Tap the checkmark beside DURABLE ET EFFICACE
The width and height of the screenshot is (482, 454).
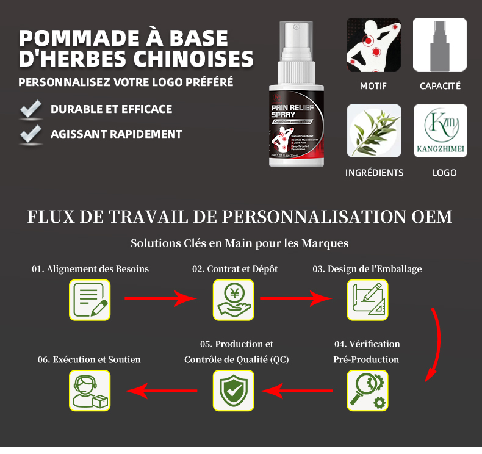point(30,110)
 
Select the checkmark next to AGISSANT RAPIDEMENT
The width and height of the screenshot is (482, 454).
point(30,134)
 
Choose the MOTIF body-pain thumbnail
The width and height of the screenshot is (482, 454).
point(373,45)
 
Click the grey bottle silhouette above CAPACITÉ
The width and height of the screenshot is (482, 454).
point(440,45)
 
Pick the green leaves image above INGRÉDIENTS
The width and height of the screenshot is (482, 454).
point(373,131)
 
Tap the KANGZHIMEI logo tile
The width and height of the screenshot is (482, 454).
point(440,131)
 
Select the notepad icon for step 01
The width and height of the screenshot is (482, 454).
point(90,300)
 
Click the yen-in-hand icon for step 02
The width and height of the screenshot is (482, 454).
point(233,300)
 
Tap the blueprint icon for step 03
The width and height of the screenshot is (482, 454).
point(367,300)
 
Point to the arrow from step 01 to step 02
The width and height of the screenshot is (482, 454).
point(160,299)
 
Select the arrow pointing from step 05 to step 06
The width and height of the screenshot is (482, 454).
point(162,390)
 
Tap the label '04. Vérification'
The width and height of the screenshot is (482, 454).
point(367,344)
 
